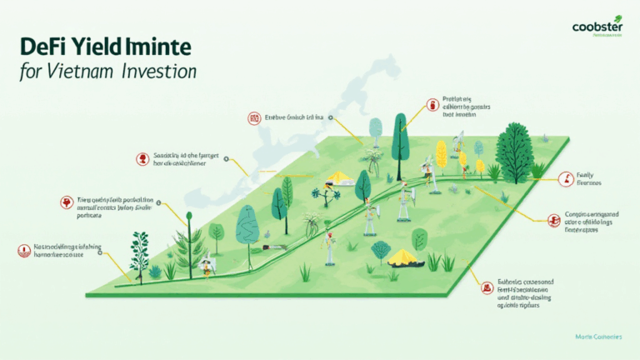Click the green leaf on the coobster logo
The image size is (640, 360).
pos(617,17)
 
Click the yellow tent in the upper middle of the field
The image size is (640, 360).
pos(340,177)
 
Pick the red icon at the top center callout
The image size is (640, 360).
pos(432,105)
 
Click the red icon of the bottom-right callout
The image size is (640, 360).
pos(486,287)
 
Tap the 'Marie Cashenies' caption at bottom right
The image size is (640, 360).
pos(599,336)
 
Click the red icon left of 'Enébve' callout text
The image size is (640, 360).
pos(253,118)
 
